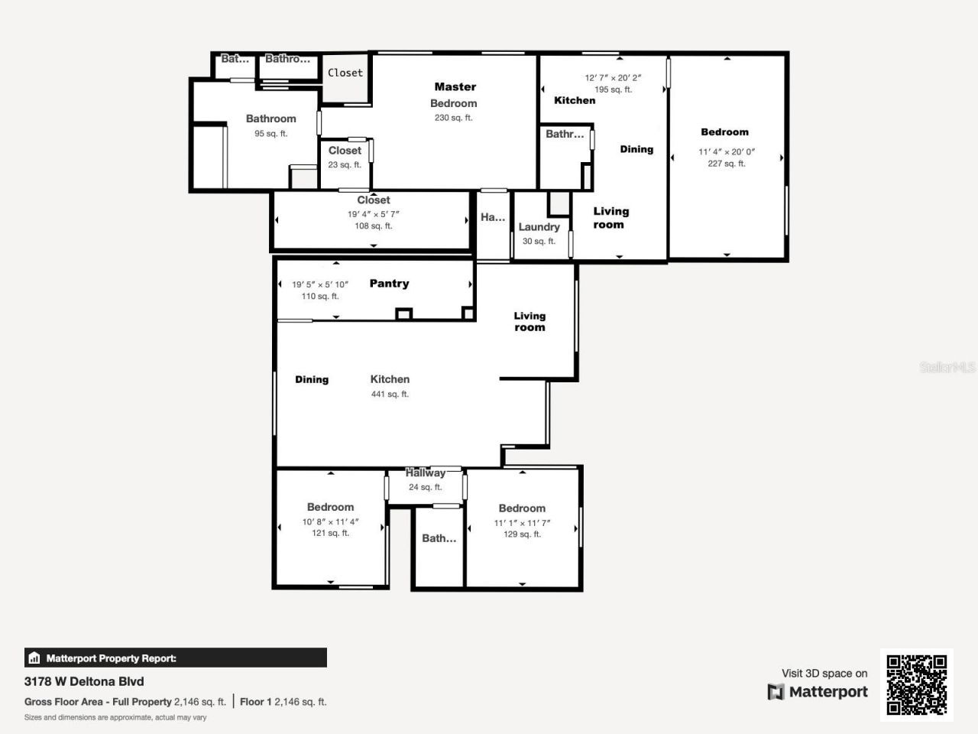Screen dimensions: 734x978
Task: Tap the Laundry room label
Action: point(539,227)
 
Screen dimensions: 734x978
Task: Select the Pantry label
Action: point(389,284)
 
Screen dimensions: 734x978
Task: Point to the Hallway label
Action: point(425,473)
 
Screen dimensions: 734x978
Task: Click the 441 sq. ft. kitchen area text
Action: point(390,395)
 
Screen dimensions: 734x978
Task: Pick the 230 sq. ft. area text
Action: point(453,118)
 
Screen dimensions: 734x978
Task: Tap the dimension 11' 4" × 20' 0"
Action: point(726,151)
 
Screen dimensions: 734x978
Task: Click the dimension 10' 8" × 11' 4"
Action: point(330,522)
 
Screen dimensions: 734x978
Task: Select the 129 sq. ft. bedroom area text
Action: point(522,534)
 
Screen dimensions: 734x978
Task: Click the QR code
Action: point(916,685)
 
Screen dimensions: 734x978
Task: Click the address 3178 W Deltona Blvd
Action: point(84,681)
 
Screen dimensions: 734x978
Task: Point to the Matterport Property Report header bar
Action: point(176,658)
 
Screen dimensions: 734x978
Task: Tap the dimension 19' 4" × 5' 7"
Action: point(373,214)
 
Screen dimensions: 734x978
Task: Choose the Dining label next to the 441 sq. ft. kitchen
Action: point(312,379)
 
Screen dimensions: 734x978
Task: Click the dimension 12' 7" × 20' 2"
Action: point(613,77)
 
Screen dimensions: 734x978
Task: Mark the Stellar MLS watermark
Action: point(947,367)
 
